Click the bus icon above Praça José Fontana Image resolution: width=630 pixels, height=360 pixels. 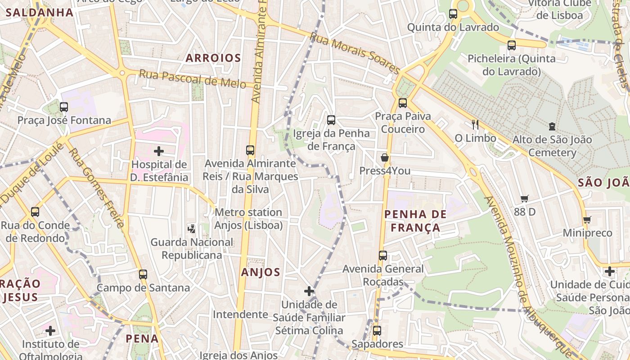(x=64, y=107)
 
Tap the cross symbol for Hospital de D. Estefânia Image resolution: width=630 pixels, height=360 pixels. (x=159, y=151)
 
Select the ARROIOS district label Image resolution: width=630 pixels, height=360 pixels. (x=213, y=58)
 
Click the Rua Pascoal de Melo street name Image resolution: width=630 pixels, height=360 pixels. (x=192, y=79)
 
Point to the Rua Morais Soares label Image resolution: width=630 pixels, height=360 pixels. (x=355, y=55)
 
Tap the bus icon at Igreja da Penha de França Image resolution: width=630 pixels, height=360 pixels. (x=331, y=120)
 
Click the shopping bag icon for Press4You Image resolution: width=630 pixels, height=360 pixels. (x=385, y=157)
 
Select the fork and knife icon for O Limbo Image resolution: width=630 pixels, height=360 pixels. (x=475, y=125)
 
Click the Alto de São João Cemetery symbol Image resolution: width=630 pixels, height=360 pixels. (x=552, y=126)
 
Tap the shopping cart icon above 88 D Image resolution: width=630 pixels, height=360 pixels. (x=525, y=198)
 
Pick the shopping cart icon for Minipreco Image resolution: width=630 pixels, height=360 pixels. (x=587, y=220)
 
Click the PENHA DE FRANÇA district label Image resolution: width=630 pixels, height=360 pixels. (x=415, y=221)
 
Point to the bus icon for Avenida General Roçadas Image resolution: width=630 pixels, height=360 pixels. (x=383, y=256)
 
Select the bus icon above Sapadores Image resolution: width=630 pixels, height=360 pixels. (x=377, y=331)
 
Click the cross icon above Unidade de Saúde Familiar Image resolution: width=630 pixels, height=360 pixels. (x=309, y=291)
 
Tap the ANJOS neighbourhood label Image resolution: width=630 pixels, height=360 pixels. (x=261, y=272)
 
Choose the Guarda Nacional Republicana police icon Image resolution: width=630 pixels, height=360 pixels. (x=192, y=229)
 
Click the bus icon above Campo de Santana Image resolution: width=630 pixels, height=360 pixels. (x=143, y=274)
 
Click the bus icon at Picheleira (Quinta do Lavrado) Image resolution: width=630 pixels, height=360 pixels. (x=512, y=45)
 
